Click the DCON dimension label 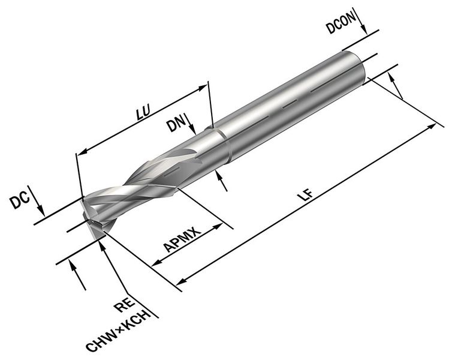click(341, 27)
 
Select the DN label click(176, 125)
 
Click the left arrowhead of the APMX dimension click(157, 264)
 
